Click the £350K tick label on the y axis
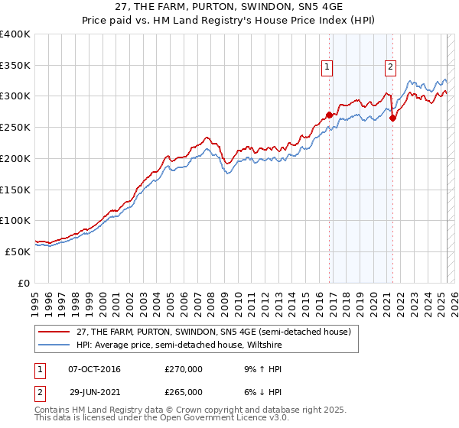[x=15, y=66]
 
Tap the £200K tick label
[x=15, y=158]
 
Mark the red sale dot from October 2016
[x=330, y=115]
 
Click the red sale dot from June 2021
[x=393, y=118]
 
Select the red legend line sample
[x=55, y=332]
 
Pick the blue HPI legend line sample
[x=55, y=345]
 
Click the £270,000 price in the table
[x=184, y=369]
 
